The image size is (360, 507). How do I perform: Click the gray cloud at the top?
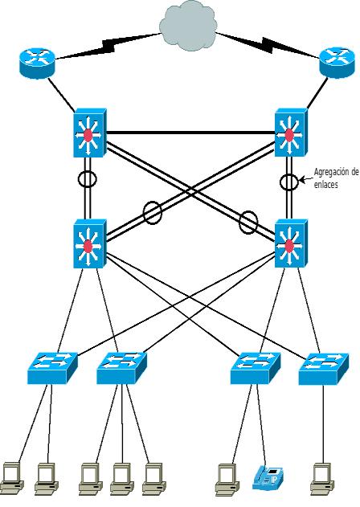click(x=188, y=26)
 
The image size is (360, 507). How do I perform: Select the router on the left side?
click(x=37, y=63)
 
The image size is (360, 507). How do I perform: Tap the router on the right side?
click(x=337, y=63)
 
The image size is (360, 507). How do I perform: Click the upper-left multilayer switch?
click(x=90, y=133)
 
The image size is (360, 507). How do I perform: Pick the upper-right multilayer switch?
click(x=291, y=133)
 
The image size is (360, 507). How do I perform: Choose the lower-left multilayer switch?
click(x=90, y=243)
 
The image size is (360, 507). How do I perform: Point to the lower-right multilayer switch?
click(x=291, y=243)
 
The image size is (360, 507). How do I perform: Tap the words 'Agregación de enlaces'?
click(x=336, y=178)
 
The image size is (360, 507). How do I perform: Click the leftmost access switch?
click(x=53, y=368)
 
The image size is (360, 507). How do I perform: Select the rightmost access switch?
click(x=324, y=369)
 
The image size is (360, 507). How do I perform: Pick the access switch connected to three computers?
click(x=121, y=368)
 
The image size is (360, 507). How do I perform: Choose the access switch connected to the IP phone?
click(x=256, y=368)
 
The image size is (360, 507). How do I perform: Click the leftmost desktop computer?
click(x=11, y=479)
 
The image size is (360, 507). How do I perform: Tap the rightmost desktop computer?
click(x=322, y=479)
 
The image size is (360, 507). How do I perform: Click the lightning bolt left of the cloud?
click(x=108, y=47)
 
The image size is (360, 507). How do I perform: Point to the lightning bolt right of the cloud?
click(x=268, y=45)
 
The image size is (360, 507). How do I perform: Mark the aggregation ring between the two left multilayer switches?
click(x=88, y=179)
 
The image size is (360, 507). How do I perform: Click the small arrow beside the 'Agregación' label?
click(x=305, y=178)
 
